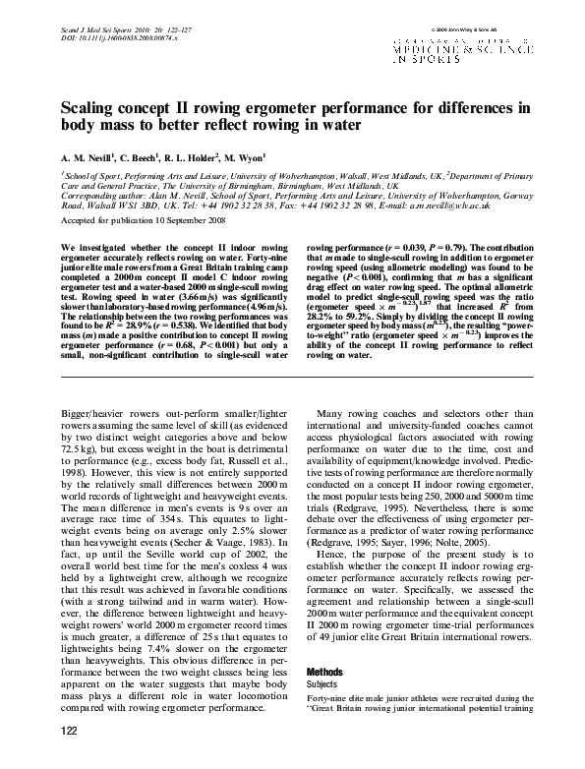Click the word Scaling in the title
click(x=91, y=108)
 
